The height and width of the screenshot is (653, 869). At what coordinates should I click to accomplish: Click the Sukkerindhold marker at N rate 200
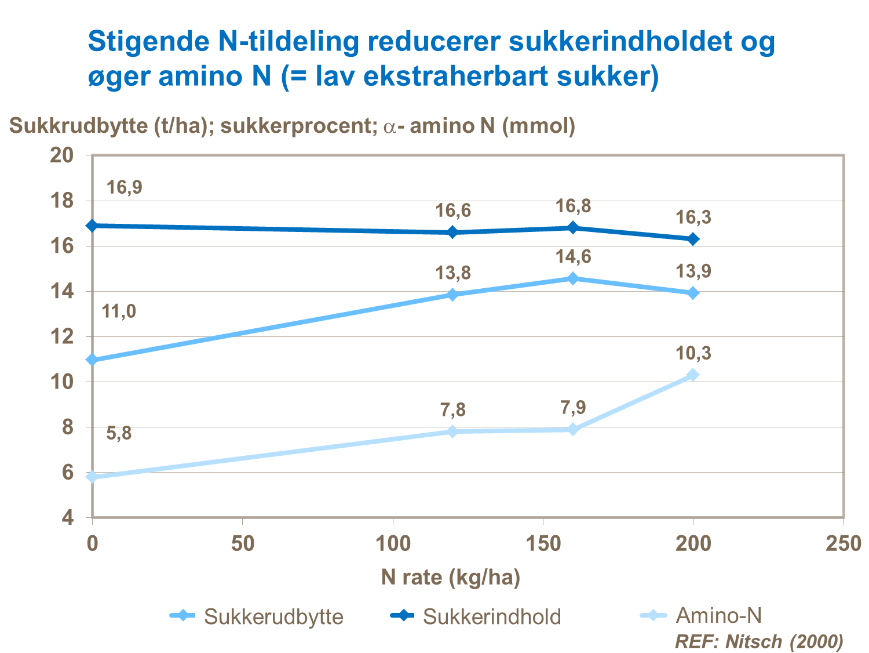[693, 239]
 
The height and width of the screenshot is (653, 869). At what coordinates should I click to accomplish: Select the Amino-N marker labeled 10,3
[693, 375]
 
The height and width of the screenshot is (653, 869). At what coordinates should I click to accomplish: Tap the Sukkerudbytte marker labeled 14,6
[573, 278]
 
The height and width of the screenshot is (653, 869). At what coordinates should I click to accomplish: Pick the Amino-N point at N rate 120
[452, 431]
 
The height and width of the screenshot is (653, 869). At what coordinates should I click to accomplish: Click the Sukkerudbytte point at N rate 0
[92, 360]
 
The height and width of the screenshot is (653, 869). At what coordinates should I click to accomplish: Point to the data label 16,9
[124, 187]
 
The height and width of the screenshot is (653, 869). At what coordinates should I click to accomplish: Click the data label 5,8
[119, 433]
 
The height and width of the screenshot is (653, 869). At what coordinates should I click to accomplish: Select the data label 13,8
[453, 273]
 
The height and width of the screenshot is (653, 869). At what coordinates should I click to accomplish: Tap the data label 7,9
[573, 408]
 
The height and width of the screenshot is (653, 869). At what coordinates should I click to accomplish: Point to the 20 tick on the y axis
[62, 155]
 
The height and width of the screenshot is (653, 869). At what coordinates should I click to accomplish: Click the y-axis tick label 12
[62, 336]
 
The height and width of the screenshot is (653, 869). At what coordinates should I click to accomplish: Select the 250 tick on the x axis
[843, 543]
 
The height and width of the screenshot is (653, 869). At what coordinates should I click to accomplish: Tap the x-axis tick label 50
[242, 543]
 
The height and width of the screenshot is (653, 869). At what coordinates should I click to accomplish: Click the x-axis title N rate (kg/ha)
[451, 578]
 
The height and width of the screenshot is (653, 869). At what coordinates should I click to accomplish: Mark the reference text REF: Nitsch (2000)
[759, 641]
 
